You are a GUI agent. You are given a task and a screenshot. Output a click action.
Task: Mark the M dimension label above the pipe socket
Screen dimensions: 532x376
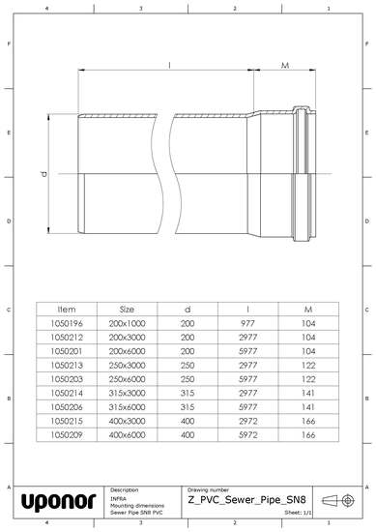[286, 66]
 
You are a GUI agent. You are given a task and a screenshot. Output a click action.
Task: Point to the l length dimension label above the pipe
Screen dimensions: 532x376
[170, 66]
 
